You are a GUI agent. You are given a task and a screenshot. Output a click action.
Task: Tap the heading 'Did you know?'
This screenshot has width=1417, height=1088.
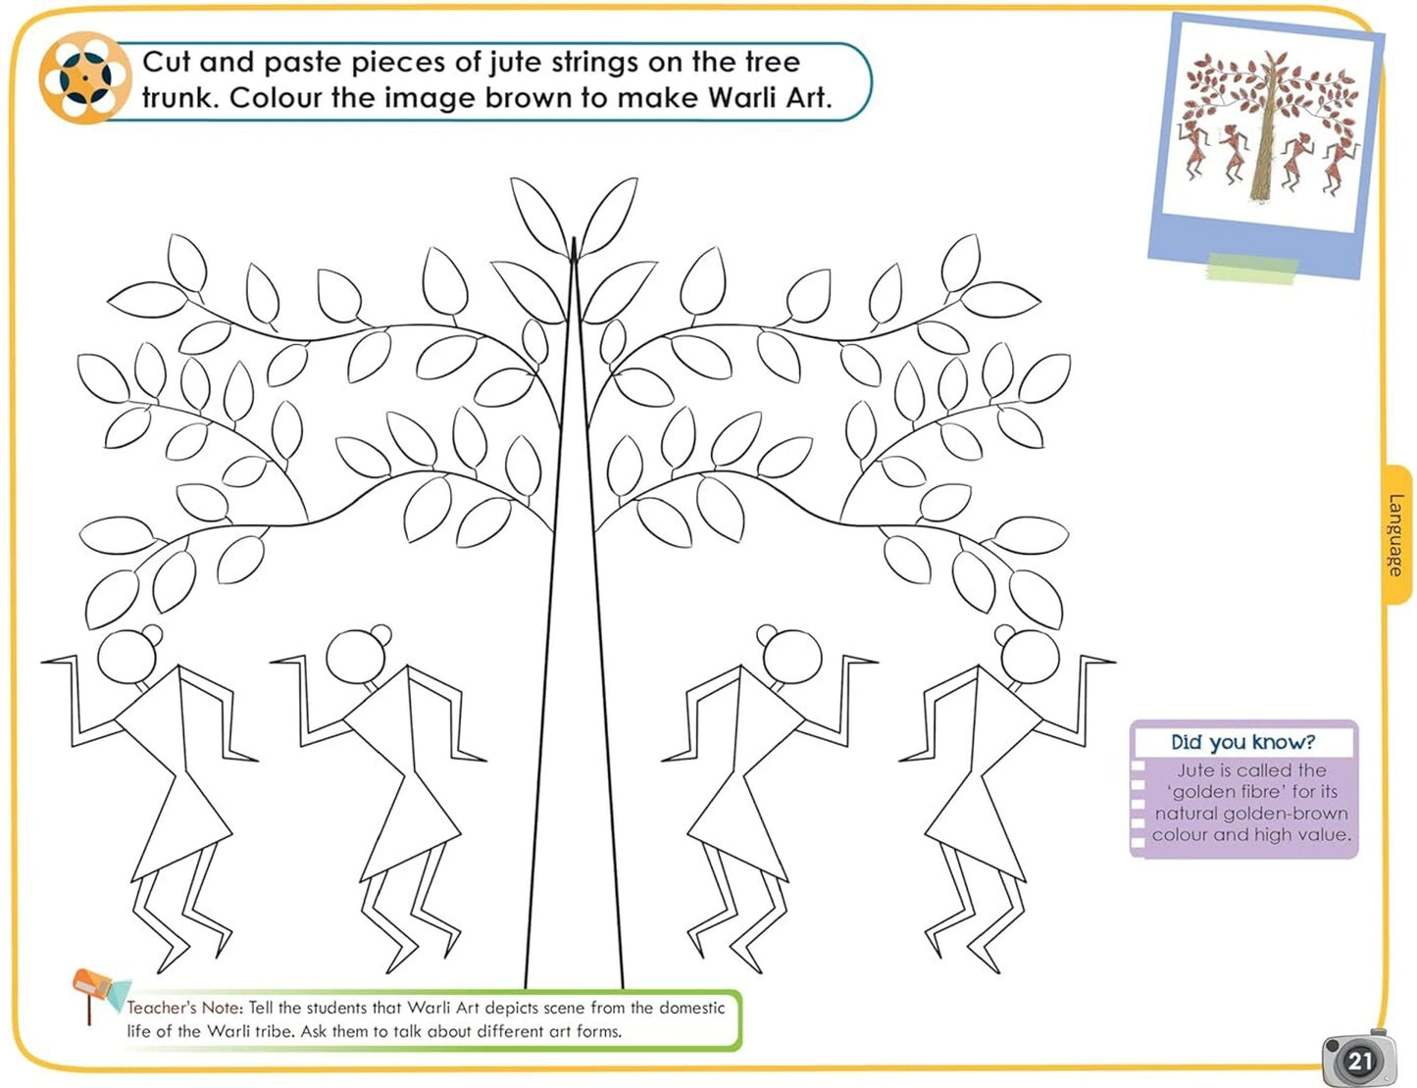click(x=1242, y=742)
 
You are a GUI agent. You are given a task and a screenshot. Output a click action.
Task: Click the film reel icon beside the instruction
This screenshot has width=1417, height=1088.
click(x=84, y=77)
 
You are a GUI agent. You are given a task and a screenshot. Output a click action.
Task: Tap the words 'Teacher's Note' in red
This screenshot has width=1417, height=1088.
click(x=183, y=1008)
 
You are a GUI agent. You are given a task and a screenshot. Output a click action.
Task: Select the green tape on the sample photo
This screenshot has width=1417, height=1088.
click(x=1252, y=268)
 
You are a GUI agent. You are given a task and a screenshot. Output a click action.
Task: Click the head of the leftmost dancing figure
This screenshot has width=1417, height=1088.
click(x=127, y=657)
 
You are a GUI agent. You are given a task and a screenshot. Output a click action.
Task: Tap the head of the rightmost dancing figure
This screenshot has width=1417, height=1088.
click(x=1030, y=657)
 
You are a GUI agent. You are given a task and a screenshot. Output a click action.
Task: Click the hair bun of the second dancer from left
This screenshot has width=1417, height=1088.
click(x=380, y=634)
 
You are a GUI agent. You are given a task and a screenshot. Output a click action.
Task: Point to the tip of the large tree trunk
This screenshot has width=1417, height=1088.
click(x=574, y=237)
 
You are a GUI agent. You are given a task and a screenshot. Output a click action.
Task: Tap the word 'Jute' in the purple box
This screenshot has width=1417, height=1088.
click(x=1191, y=770)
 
